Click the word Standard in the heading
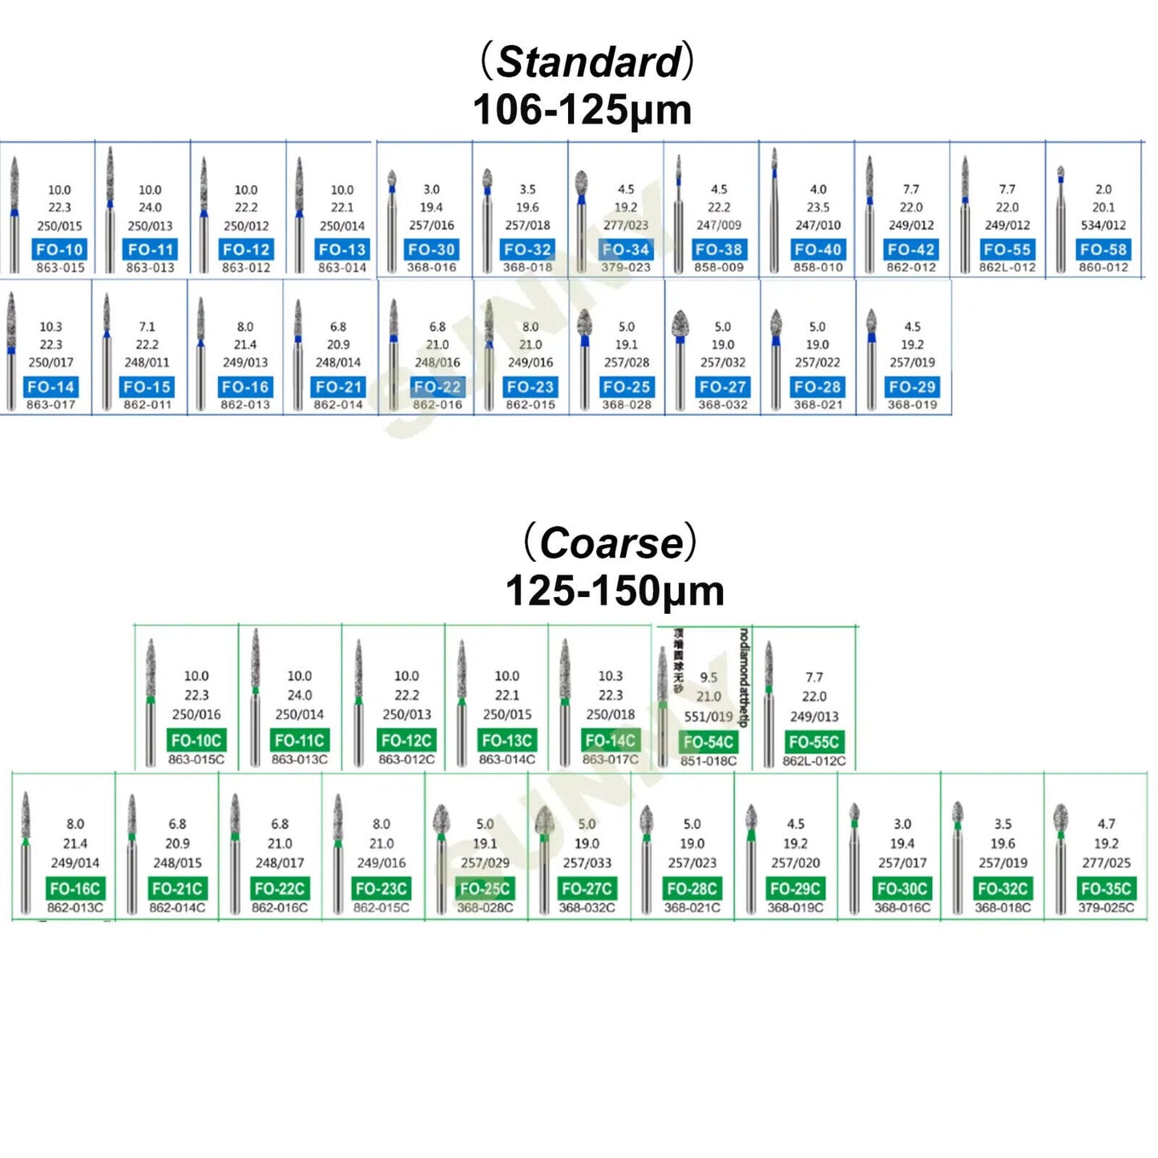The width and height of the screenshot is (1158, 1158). [x=589, y=62]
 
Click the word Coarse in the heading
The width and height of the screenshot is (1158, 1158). [x=611, y=543]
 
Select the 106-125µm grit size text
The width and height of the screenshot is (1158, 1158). [x=582, y=110]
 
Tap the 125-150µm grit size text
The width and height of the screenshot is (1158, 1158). [x=615, y=591]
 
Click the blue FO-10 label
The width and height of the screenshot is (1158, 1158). [x=59, y=249]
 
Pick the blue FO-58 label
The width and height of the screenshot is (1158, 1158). [x=1103, y=249]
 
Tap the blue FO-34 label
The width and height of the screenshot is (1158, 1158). [x=626, y=249]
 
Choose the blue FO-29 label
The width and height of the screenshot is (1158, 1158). [x=912, y=386]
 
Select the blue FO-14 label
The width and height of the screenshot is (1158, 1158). [x=50, y=386]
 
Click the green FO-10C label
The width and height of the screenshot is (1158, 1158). [x=196, y=740]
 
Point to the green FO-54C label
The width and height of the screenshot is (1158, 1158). [x=708, y=741]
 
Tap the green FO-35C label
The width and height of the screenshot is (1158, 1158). [x=1106, y=888]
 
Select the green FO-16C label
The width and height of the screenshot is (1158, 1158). [x=75, y=888]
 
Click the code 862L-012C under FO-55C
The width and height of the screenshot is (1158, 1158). [x=814, y=761]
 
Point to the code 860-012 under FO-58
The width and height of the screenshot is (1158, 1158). [x=1103, y=267]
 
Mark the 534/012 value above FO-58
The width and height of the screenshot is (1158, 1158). [x=1103, y=225]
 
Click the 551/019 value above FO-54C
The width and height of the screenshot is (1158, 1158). [x=708, y=716]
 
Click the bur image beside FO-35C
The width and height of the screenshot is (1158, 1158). [x=1062, y=857]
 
